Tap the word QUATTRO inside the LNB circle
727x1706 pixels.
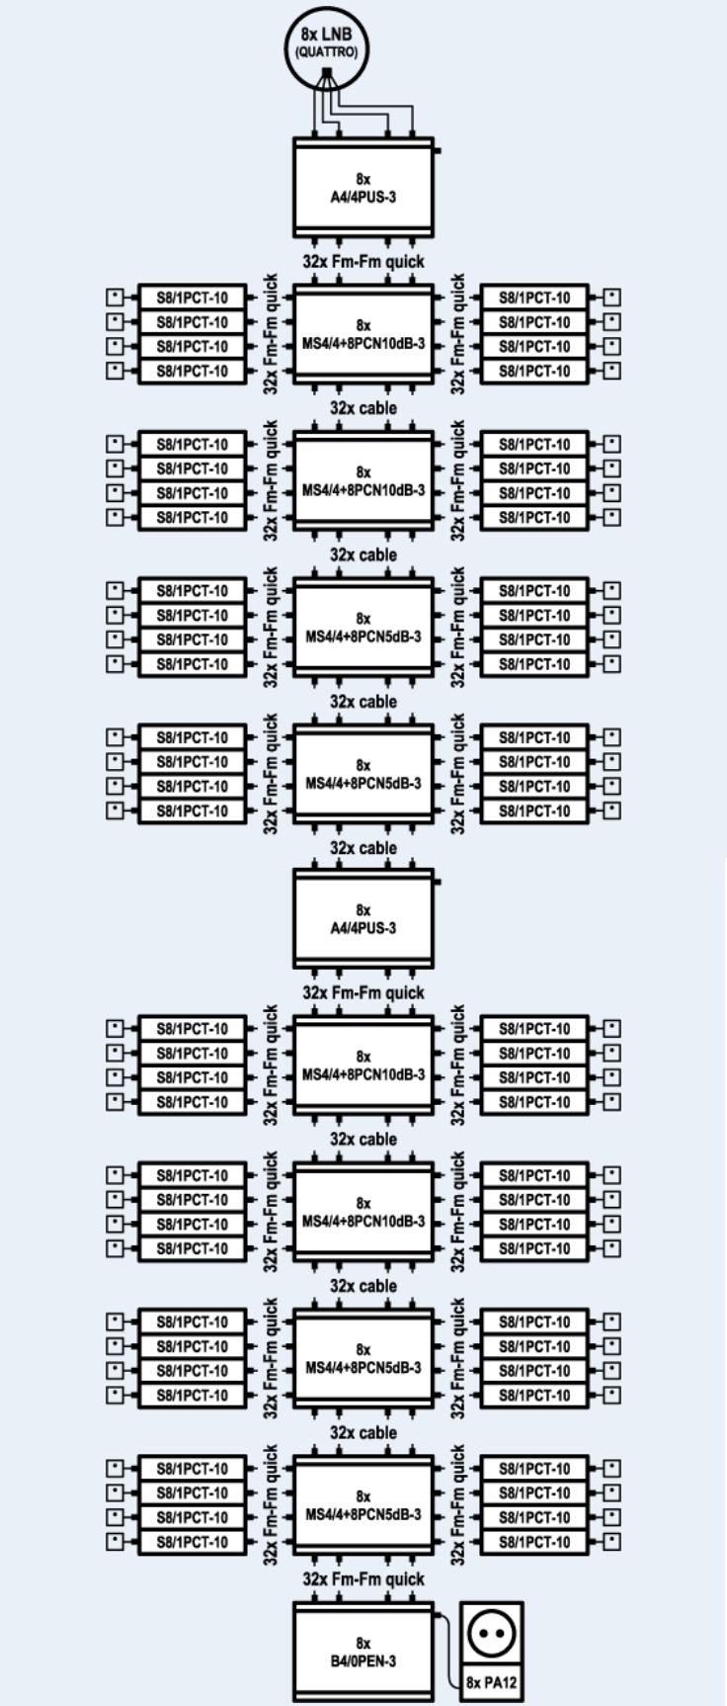pos(327,51)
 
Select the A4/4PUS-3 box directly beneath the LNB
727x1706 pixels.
pos(363,188)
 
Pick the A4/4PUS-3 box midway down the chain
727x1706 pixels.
pos(363,919)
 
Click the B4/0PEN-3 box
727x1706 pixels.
pos(363,1653)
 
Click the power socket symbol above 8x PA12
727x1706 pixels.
pos(492,1633)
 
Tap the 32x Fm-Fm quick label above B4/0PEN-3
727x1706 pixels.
pos(363,1579)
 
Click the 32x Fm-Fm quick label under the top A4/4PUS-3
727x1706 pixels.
pos(363,261)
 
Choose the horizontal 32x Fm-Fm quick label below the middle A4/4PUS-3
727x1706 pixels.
pos(363,992)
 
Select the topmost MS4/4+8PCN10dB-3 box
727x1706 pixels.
pos(363,334)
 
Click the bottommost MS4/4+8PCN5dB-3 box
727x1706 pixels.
pos(363,1505)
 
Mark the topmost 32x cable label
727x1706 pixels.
pos(363,408)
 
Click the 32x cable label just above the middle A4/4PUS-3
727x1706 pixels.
pos(363,848)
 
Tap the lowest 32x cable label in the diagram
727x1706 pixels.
pos(363,1433)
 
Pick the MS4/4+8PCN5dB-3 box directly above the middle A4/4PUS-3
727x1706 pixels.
pos(363,774)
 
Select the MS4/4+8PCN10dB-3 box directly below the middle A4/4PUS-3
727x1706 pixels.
pos(363,1066)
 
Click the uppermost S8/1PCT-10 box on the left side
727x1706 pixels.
pos(192,298)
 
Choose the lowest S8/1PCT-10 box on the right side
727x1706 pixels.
pos(534,1542)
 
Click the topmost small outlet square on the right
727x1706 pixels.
pos(612,298)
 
